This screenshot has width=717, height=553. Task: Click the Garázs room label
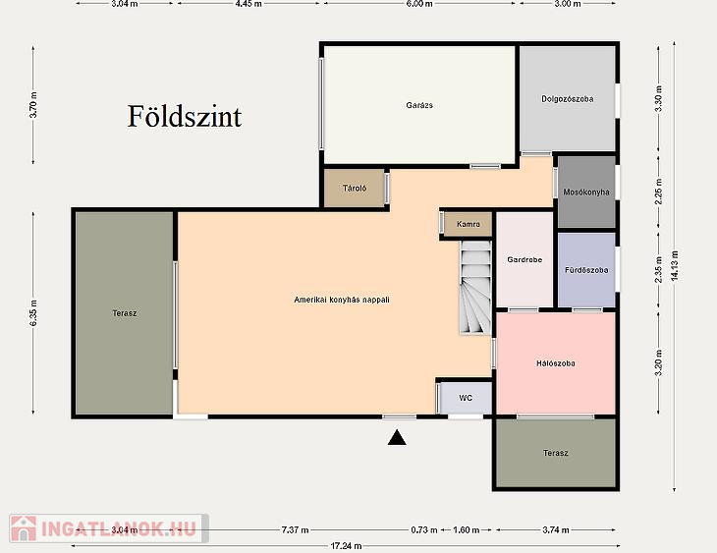point(419,105)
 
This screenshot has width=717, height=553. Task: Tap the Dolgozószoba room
point(568,99)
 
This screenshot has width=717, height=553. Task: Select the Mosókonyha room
point(586,193)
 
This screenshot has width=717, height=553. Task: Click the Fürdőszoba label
point(586,270)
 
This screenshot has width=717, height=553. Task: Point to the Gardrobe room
point(524,259)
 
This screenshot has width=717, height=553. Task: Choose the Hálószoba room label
point(556,363)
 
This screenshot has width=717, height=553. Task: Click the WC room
point(466,398)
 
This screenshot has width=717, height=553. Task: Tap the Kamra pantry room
point(469,224)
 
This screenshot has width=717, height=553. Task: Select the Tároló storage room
point(355,188)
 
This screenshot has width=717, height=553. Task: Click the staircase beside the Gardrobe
point(475,287)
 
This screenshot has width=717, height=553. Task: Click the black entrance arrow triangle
point(397,438)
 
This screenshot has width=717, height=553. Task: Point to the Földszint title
point(185,116)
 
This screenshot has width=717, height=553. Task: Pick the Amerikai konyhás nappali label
point(342,300)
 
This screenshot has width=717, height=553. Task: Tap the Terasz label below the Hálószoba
point(556,453)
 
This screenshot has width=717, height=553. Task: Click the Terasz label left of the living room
point(125,313)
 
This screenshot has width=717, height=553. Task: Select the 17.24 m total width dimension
point(346,546)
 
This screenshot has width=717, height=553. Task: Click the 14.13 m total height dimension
point(675,265)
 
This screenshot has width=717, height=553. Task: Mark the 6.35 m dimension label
point(33,313)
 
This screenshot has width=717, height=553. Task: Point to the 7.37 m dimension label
point(295,530)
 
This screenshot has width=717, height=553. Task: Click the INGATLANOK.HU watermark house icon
point(24,528)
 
